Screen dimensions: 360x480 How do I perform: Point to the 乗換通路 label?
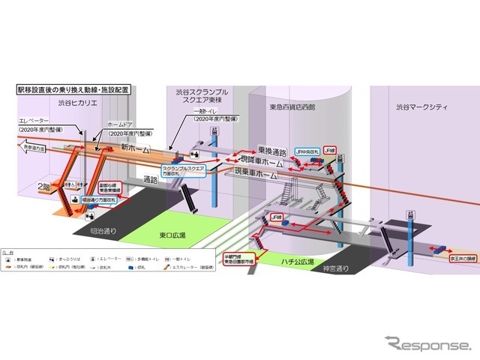coord(273,150)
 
